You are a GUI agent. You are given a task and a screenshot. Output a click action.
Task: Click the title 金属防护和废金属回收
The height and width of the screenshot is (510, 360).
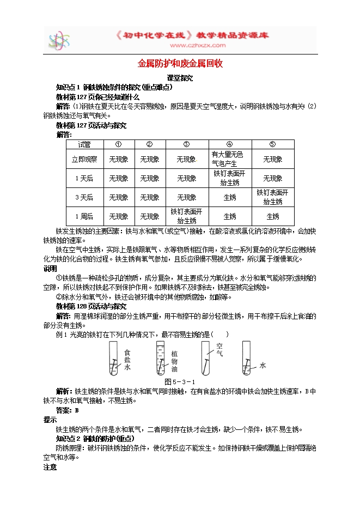coord(179,64)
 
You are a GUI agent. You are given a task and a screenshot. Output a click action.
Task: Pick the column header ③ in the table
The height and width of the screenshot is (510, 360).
coord(186,144)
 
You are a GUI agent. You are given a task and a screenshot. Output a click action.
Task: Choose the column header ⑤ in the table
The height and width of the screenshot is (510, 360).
coord(272,144)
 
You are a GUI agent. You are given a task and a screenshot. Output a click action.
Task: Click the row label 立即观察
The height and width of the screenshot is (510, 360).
coord(84,160)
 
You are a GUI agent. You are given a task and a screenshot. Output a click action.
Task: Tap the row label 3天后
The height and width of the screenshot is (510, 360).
coord(84,197)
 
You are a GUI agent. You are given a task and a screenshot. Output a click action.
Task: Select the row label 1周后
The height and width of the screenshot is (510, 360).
coord(84,216)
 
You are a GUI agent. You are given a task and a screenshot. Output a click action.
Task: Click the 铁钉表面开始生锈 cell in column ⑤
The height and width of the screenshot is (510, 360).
coord(272,197)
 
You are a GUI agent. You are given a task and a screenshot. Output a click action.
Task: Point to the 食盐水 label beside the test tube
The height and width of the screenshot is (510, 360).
coord(127,360)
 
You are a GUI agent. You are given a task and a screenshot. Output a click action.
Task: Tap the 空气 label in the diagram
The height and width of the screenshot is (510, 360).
coord(219,349)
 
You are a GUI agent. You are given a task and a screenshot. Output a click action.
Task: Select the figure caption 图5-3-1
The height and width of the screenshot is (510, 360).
coord(179,381)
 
